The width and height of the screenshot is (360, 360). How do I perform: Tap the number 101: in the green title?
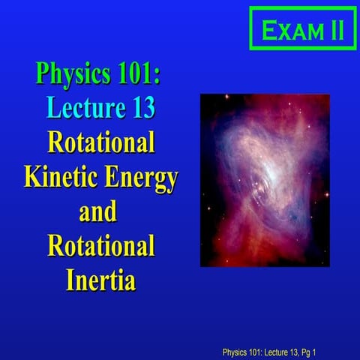pos(142,76)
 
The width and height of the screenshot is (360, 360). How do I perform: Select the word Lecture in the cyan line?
pos(79,108)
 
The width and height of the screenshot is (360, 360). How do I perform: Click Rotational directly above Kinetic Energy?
pos(101,142)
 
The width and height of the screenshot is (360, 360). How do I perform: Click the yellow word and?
pos(98,211)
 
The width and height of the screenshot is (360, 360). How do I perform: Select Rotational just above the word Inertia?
pos(101,246)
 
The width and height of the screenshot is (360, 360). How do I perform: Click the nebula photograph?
pos(265,180)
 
